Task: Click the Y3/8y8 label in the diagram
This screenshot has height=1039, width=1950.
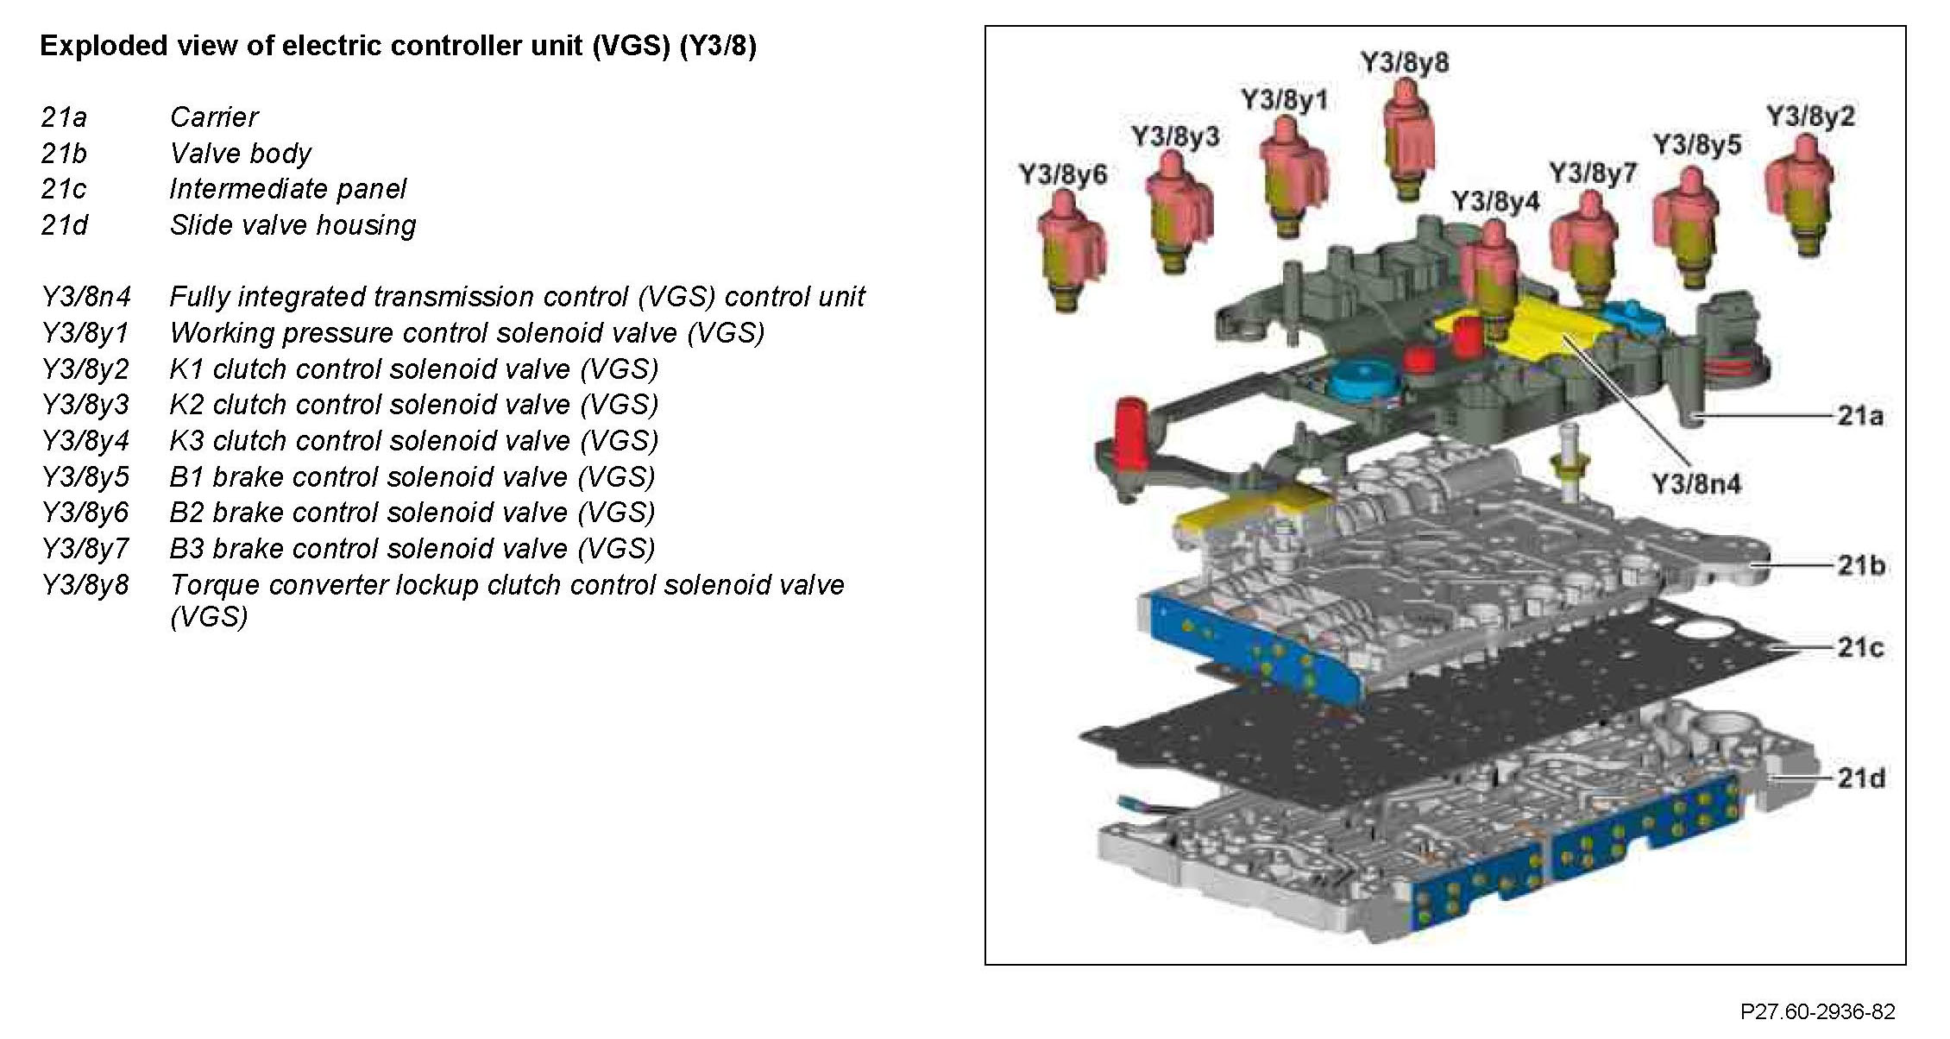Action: tap(1405, 64)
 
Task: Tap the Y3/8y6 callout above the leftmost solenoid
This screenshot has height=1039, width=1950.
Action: tap(1062, 175)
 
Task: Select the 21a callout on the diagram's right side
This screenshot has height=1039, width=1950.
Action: tap(1860, 417)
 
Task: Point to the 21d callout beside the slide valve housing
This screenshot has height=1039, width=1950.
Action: tap(1860, 778)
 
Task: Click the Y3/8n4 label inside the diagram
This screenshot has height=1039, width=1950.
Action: tap(1696, 484)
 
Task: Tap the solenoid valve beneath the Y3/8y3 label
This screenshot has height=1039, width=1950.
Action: tap(1177, 211)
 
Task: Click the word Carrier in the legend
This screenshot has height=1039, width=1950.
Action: tap(214, 117)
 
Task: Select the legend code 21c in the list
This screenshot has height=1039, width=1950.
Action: tap(64, 189)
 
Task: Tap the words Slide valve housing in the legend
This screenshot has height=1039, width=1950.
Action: tap(292, 225)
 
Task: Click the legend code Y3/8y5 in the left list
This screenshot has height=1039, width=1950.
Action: tap(85, 477)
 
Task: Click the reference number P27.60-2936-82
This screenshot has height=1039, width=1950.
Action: tap(1817, 1011)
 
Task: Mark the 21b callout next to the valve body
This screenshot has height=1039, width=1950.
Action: tap(1860, 566)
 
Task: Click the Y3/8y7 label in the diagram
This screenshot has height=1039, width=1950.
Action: tap(1593, 173)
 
